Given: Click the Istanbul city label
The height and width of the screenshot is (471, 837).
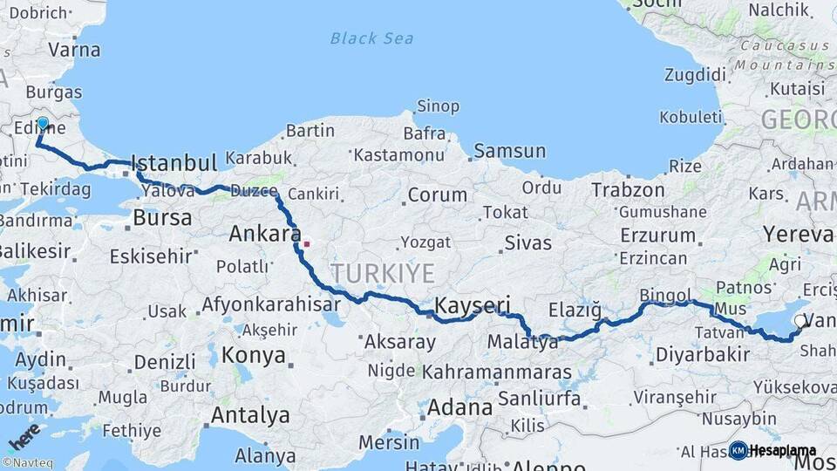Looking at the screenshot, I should click(174, 162).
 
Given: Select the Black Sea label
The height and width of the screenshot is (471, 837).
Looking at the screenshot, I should click(371, 38).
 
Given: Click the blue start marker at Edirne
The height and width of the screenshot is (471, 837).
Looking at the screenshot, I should click(42, 123).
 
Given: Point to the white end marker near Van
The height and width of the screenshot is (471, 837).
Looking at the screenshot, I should click(800, 322).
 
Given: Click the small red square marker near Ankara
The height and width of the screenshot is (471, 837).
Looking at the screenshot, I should click(306, 243).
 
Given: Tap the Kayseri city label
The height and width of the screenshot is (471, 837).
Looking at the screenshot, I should click(472, 305).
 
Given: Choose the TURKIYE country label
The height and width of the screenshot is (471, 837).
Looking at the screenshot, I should click(381, 273).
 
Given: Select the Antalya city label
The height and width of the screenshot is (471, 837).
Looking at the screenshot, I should click(250, 415).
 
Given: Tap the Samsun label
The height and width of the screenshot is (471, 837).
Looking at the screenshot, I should click(510, 151).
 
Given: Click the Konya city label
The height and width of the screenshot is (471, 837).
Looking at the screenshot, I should click(253, 355).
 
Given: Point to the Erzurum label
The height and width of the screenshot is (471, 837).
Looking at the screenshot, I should click(657, 235).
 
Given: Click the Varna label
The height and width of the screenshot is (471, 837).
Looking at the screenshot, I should click(75, 49).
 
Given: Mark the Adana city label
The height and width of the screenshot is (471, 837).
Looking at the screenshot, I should click(459, 407).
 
